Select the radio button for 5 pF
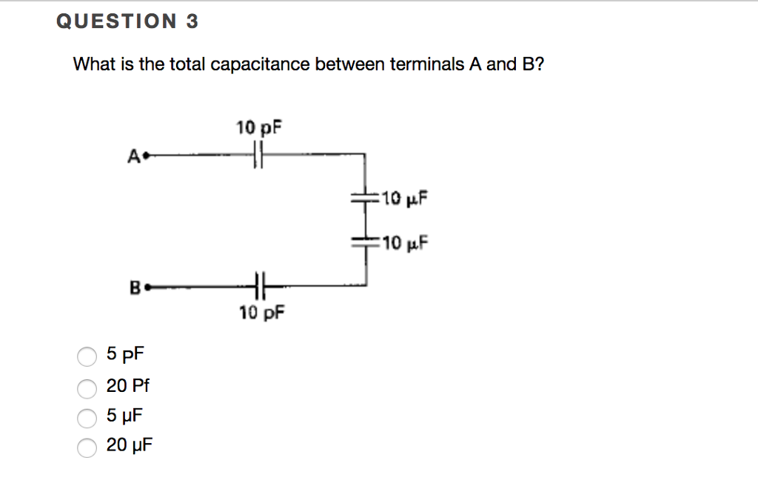(x=87, y=357)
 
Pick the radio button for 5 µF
(x=87, y=417)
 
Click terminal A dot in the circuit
(x=146, y=156)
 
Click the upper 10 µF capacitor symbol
(x=365, y=198)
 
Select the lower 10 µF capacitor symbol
(x=365, y=242)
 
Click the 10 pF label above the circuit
(x=259, y=127)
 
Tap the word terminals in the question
(x=426, y=64)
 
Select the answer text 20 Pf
(x=128, y=385)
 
